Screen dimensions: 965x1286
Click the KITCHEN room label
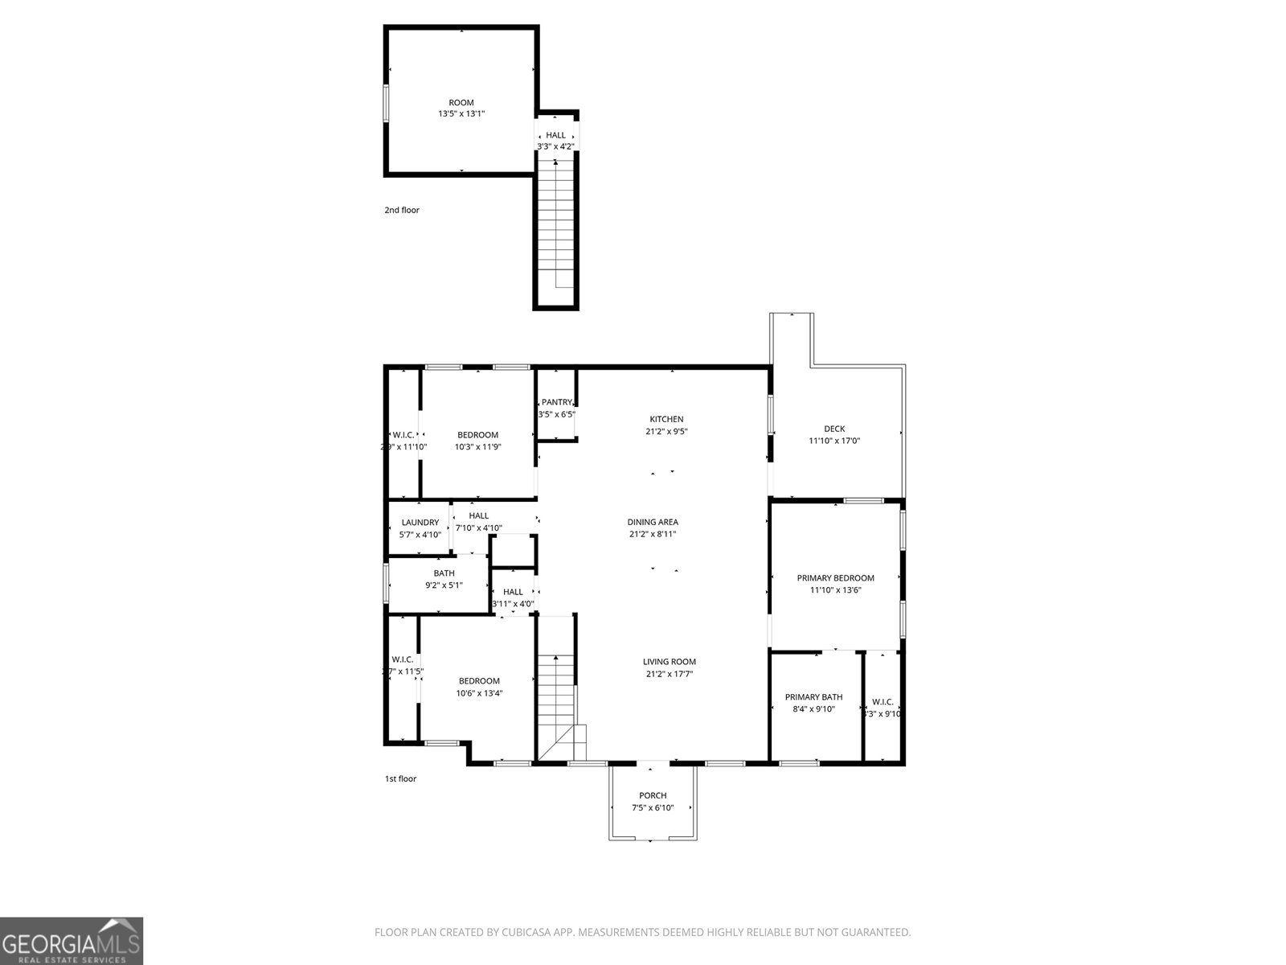click(666, 419)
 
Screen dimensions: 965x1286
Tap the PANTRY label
click(556, 402)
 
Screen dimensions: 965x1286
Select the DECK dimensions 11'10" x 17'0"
click(834, 441)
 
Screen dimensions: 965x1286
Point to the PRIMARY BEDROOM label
click(835, 577)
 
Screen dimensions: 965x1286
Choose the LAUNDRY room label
click(420, 523)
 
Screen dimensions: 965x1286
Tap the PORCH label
click(653, 795)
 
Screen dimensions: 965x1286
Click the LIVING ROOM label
click(669, 662)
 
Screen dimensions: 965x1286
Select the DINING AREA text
click(653, 522)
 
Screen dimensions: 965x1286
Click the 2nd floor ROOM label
click(461, 102)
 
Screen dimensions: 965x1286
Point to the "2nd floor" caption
click(402, 211)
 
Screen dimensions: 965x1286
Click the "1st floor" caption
click(401, 778)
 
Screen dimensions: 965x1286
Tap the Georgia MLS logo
click(72, 941)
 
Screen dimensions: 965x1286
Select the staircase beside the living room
click(556, 700)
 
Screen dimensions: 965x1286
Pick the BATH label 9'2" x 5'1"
click(444, 579)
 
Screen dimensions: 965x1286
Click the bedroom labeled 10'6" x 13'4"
click(479, 687)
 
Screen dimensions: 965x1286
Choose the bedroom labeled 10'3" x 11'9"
click(477, 441)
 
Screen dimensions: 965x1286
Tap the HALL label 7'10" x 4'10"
click(478, 522)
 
